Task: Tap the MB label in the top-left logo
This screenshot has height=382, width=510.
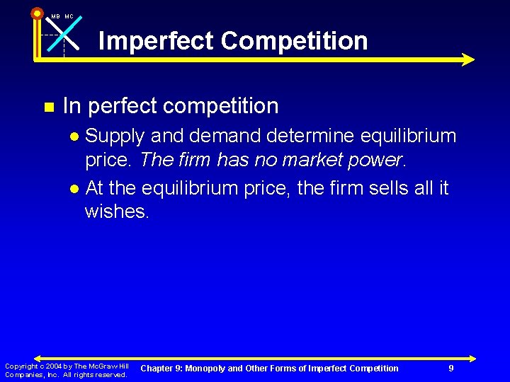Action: pyautogui.click(x=55, y=16)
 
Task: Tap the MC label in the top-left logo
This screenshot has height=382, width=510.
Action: pyautogui.click(x=69, y=16)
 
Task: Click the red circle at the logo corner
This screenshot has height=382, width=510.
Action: pyautogui.click(x=37, y=13)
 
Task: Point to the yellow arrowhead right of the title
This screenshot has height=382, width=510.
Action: pyautogui.click(x=467, y=59)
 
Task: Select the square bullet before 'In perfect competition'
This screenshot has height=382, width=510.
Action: pyautogui.click(x=49, y=108)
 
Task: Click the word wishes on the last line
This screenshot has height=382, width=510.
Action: pyautogui.click(x=115, y=211)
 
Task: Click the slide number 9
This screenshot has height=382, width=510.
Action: pyautogui.click(x=451, y=368)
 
